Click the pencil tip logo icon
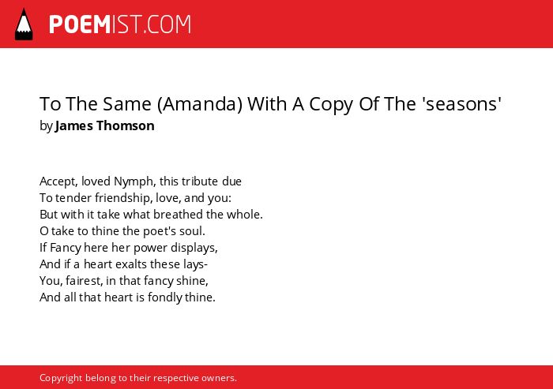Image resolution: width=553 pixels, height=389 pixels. pyautogui.click(x=24, y=24)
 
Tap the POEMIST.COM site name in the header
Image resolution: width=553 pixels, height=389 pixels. pyautogui.click(x=120, y=24)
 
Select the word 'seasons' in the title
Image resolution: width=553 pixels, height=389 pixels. pyautogui.click(x=464, y=104)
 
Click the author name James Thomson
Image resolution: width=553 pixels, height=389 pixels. pyautogui.click(x=105, y=125)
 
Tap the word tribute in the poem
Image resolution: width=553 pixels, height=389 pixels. pyautogui.click(x=200, y=181)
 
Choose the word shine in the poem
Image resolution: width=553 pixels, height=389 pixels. pyautogui.click(x=197, y=281)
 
